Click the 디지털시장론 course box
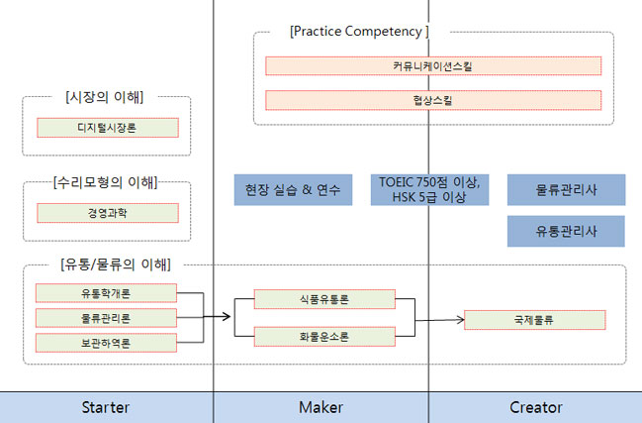pos(108,128)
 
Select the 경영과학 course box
pos(108,213)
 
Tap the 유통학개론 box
pos(106,293)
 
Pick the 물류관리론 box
pos(106,318)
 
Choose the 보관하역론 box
pos(106,343)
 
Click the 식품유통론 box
pos(324,299)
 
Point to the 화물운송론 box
pos(324,337)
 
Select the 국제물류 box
pos(535,320)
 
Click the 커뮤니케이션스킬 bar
pos(433,66)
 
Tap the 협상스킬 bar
pos(433,100)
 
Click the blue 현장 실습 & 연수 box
pos(293,190)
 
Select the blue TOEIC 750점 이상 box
pos(429,190)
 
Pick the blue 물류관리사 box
pos(566,190)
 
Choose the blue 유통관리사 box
pos(566,231)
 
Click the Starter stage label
pos(106,407)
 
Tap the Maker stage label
pos(321,407)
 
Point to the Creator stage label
pos(536,407)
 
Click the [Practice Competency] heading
pos(359,32)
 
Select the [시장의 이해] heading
pos(105,97)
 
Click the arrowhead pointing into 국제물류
pos(461,320)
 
